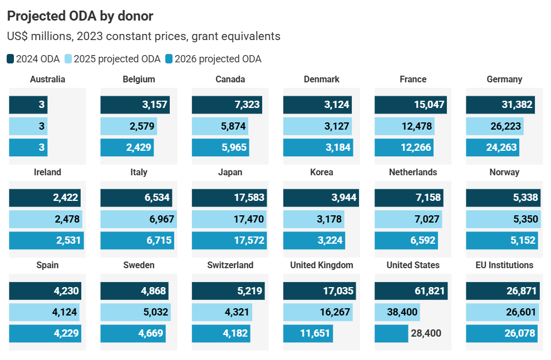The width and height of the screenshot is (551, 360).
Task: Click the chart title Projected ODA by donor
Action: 80,16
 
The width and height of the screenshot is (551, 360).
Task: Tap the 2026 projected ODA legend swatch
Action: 169,59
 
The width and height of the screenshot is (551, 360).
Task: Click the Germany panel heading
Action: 504,79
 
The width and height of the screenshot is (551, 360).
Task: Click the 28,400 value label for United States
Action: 426,333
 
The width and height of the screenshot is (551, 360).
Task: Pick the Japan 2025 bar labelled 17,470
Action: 229,219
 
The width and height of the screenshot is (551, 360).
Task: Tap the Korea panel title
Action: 322,172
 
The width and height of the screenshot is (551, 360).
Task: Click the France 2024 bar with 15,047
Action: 411,105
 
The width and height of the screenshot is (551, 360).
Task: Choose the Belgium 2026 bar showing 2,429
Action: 127,147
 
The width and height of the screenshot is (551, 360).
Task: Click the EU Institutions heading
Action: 504,265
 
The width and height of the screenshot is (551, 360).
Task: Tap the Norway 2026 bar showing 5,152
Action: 503,240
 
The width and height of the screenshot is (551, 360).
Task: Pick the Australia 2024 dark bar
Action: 28,105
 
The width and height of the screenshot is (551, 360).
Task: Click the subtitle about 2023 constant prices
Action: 144,36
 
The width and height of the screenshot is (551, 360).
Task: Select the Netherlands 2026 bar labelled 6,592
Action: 406,240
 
